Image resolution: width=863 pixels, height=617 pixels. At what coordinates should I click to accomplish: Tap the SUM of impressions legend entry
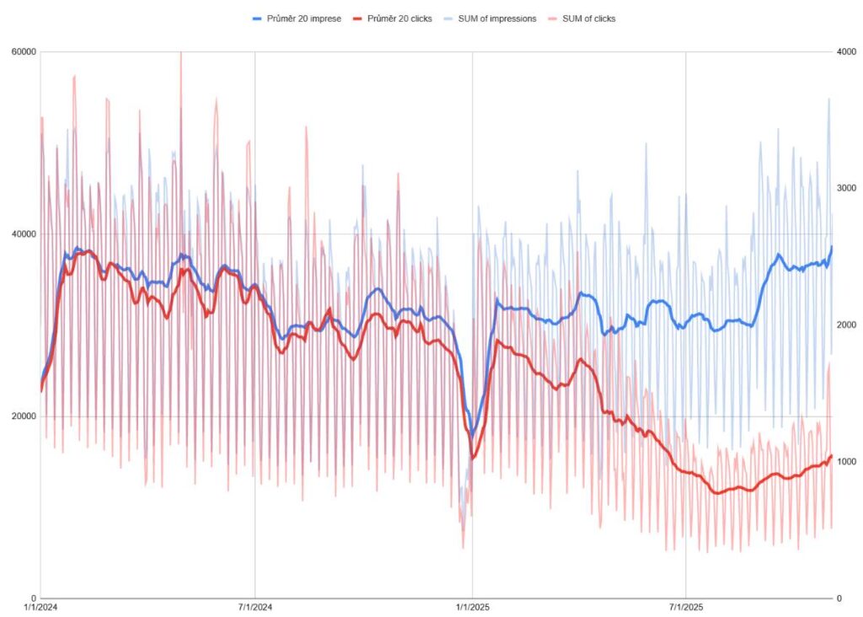point(496,18)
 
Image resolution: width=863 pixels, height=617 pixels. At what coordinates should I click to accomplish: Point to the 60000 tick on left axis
point(23,51)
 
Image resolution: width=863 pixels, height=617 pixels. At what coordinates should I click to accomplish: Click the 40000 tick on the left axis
point(23,233)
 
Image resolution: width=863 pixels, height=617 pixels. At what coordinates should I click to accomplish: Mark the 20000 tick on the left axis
point(23,416)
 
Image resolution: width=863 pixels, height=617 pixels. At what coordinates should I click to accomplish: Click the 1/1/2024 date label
point(40,607)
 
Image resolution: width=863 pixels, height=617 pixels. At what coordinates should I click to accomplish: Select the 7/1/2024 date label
point(255,607)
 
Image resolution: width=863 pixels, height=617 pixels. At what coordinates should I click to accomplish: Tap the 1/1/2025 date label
point(472,607)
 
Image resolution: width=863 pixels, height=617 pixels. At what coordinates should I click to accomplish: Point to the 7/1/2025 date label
point(686,607)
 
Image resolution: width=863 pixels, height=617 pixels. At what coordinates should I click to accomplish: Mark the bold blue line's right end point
point(832,246)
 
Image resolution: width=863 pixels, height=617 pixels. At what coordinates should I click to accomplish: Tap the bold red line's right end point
point(832,455)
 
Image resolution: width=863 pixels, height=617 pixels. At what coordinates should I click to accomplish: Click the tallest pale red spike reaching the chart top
point(180,54)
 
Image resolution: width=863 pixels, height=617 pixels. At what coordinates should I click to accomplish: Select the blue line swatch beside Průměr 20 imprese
point(259,18)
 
